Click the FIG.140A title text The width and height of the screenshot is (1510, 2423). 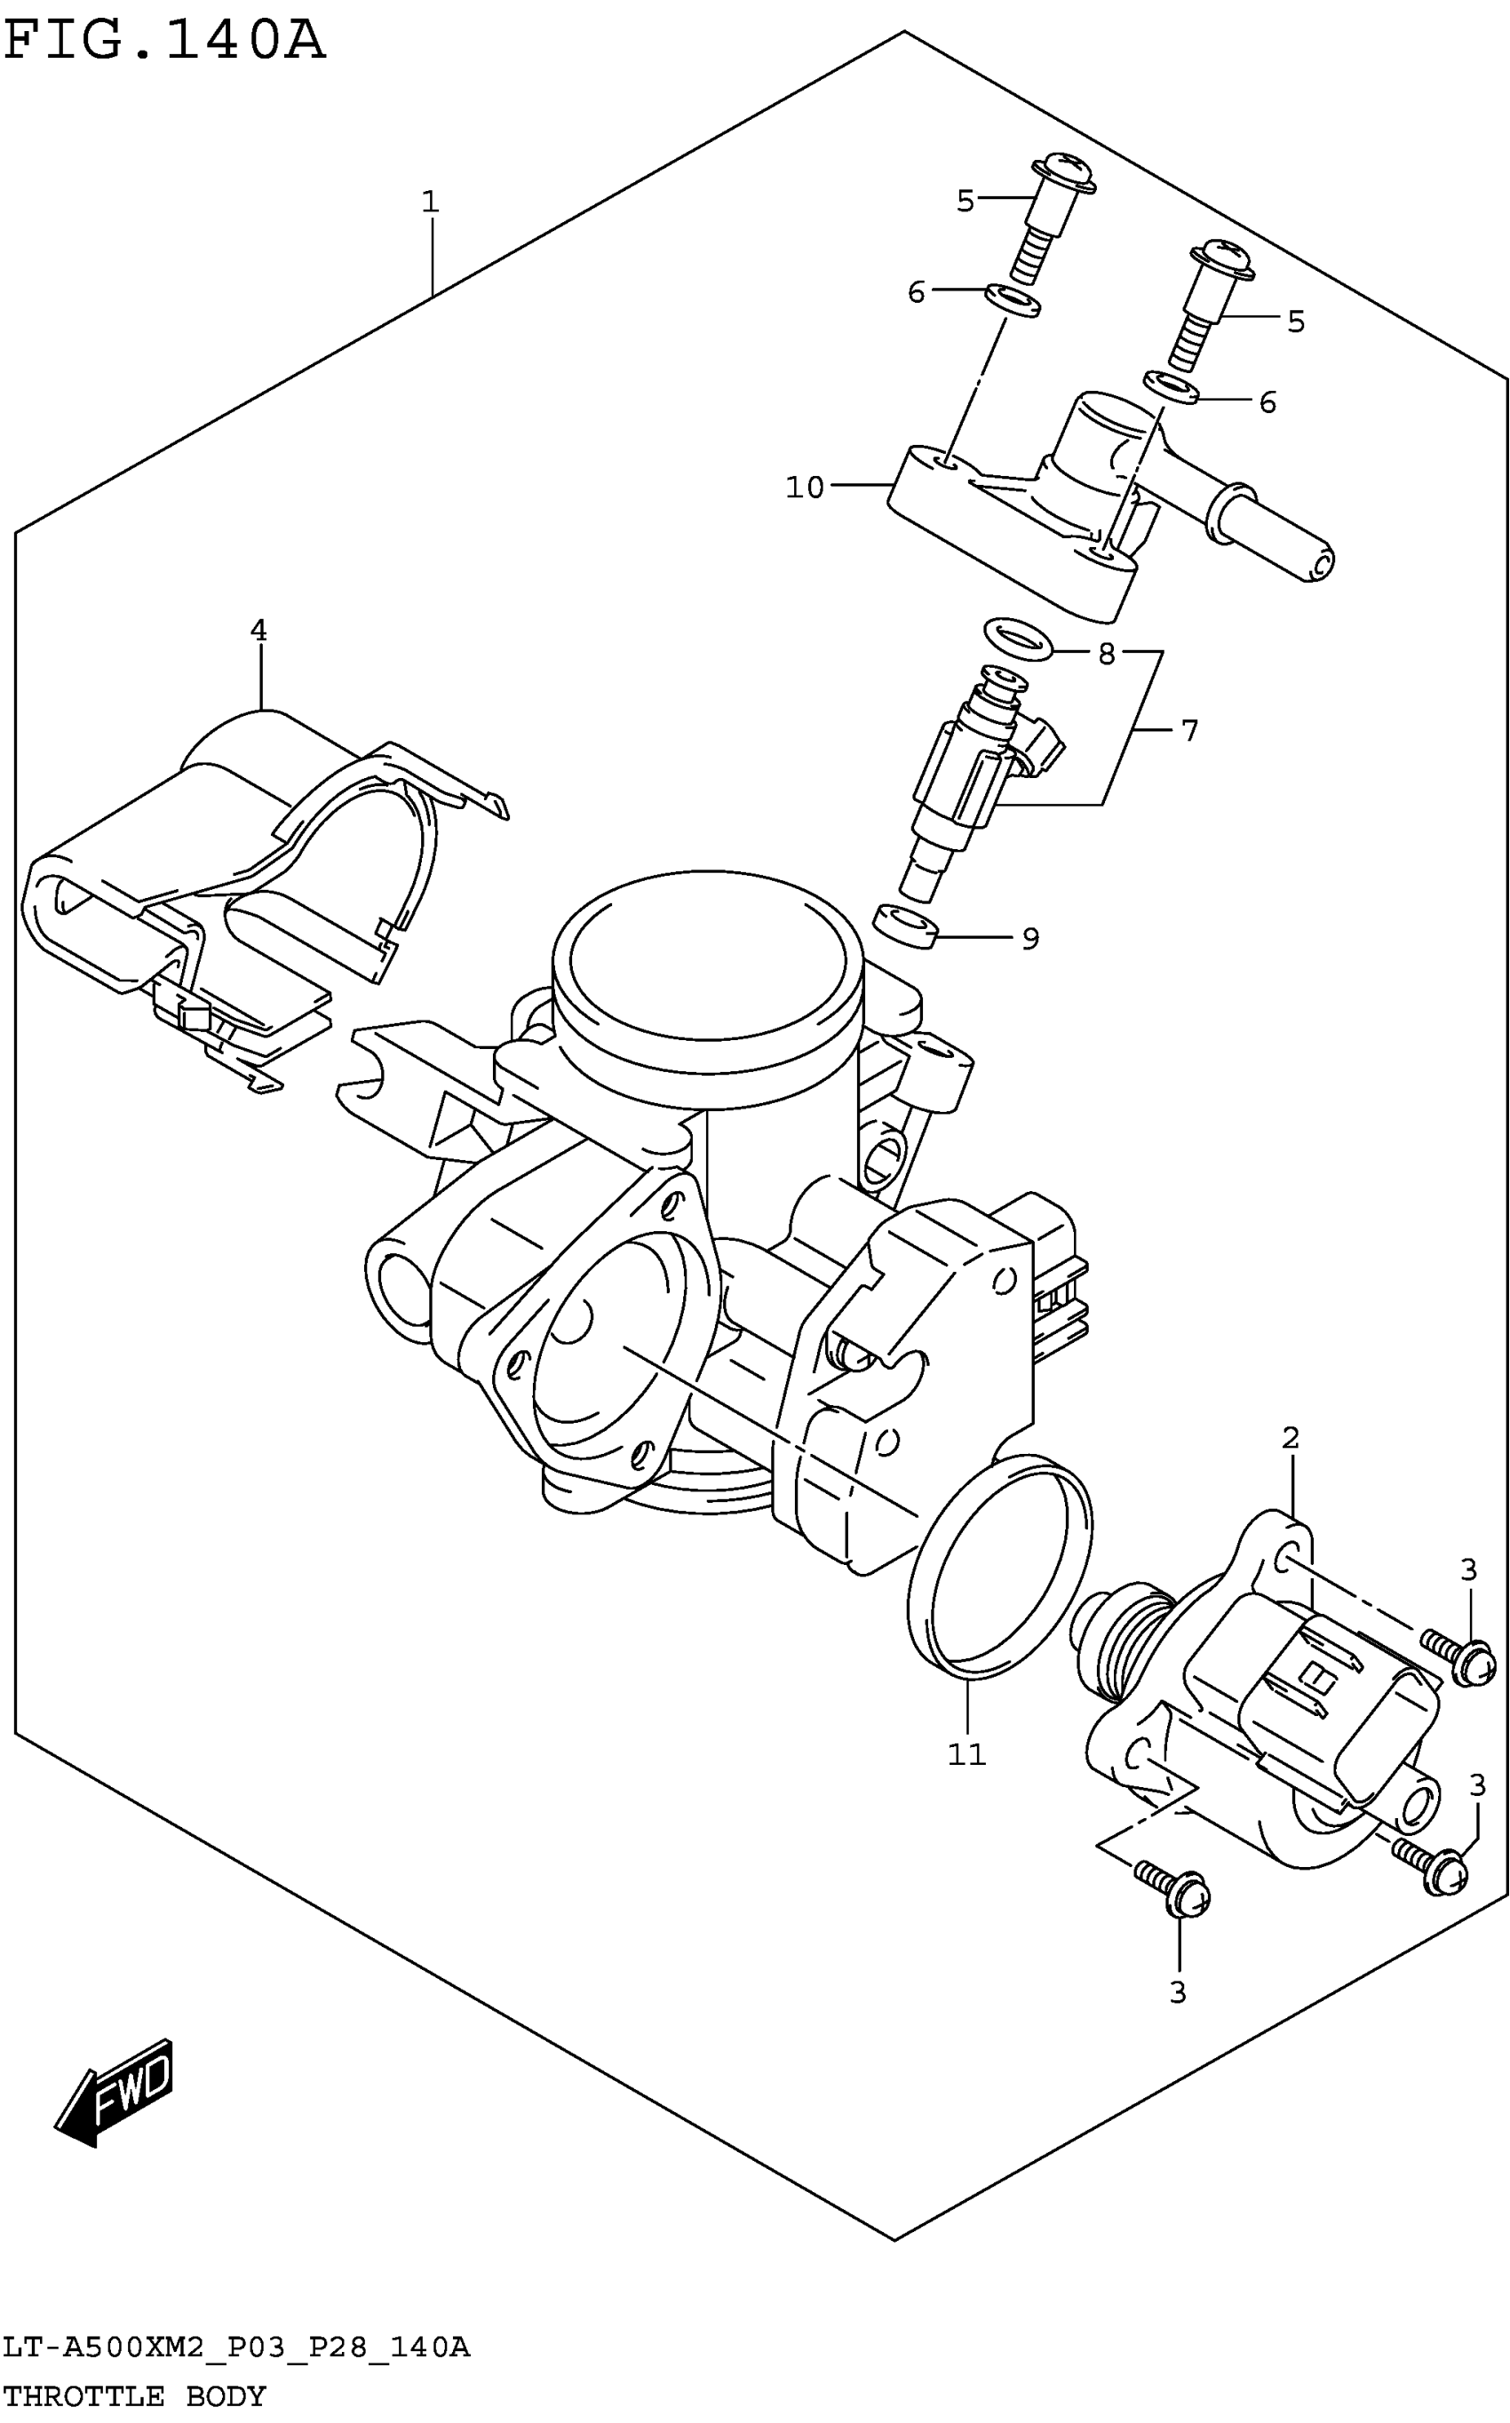[165, 42]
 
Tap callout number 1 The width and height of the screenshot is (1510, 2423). [431, 202]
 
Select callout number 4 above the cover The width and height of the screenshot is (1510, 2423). [258, 631]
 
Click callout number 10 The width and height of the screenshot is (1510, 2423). [805, 488]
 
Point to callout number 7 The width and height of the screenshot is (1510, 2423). [1188, 731]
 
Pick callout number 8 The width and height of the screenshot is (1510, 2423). [1106, 654]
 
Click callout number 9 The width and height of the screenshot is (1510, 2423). [1030, 939]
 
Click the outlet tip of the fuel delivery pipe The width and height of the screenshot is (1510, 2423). [1318, 563]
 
